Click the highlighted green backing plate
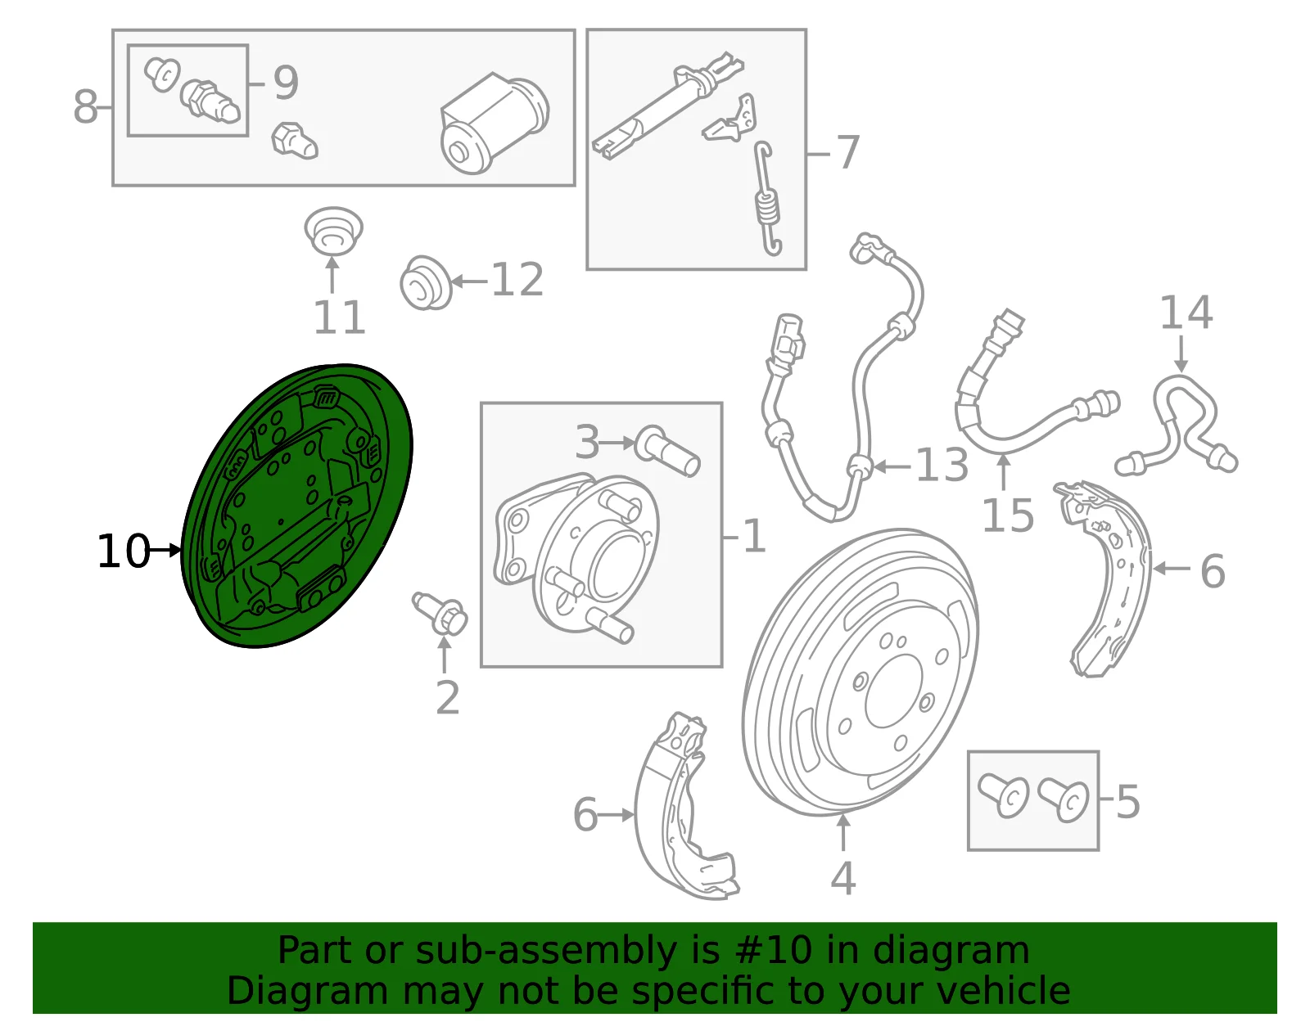pos(296,506)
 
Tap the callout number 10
pos(123,551)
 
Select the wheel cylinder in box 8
pos(494,124)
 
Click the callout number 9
pos(286,83)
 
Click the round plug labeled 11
pos(332,232)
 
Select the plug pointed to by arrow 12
pos(426,283)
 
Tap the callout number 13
pos(942,465)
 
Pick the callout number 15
pos(1008,516)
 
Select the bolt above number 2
pos(440,613)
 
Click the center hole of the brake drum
pos(893,691)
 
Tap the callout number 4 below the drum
pos(842,879)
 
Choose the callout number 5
pos(1128,802)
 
